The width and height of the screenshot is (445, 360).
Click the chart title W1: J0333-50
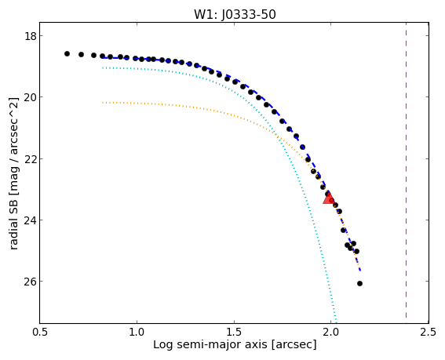(235, 14)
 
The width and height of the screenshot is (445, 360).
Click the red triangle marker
(329, 198)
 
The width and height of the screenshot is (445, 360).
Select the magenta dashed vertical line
(406, 170)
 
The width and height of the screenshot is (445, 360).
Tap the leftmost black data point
(67, 53)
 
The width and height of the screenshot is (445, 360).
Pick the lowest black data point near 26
(360, 283)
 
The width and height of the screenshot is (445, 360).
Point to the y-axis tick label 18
(30, 36)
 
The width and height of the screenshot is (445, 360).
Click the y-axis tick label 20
(30, 97)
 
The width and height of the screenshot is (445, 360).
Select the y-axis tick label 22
(30, 159)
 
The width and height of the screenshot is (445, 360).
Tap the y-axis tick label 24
(30, 220)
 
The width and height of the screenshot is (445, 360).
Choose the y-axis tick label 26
(30, 282)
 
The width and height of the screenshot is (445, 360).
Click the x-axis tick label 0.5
(40, 332)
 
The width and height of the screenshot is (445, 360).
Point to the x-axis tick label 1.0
(137, 332)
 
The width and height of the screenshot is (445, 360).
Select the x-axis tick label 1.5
(234, 332)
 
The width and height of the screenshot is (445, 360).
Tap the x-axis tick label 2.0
(331, 332)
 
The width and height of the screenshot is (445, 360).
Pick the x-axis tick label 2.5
(429, 332)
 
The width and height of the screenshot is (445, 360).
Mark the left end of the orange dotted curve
(103, 103)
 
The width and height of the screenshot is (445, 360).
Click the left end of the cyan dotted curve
(103, 67)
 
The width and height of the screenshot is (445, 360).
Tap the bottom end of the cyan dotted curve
(337, 322)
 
